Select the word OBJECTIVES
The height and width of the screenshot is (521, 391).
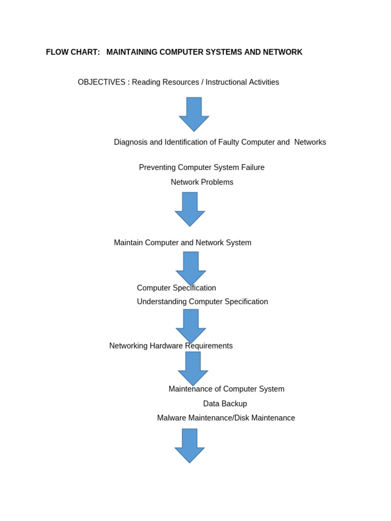[101, 82]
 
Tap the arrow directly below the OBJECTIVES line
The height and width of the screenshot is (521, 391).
[194, 114]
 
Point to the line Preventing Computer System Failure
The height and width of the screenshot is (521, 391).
[202, 167]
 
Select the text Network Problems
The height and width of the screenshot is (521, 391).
[202, 182]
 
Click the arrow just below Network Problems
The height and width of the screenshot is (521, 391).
[190, 209]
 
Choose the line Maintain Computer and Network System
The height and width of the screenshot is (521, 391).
[182, 243]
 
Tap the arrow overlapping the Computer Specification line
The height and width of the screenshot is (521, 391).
[191, 268]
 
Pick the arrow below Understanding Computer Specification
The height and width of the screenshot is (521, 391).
[191, 326]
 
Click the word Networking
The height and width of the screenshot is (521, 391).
[128, 346]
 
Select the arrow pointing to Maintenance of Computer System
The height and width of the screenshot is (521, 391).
[193, 368]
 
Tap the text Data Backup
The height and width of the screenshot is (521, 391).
[225, 404]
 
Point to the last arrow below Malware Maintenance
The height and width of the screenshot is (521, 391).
[189, 445]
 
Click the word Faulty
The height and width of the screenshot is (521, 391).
[229, 142]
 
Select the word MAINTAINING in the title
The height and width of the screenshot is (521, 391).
[132, 52]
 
